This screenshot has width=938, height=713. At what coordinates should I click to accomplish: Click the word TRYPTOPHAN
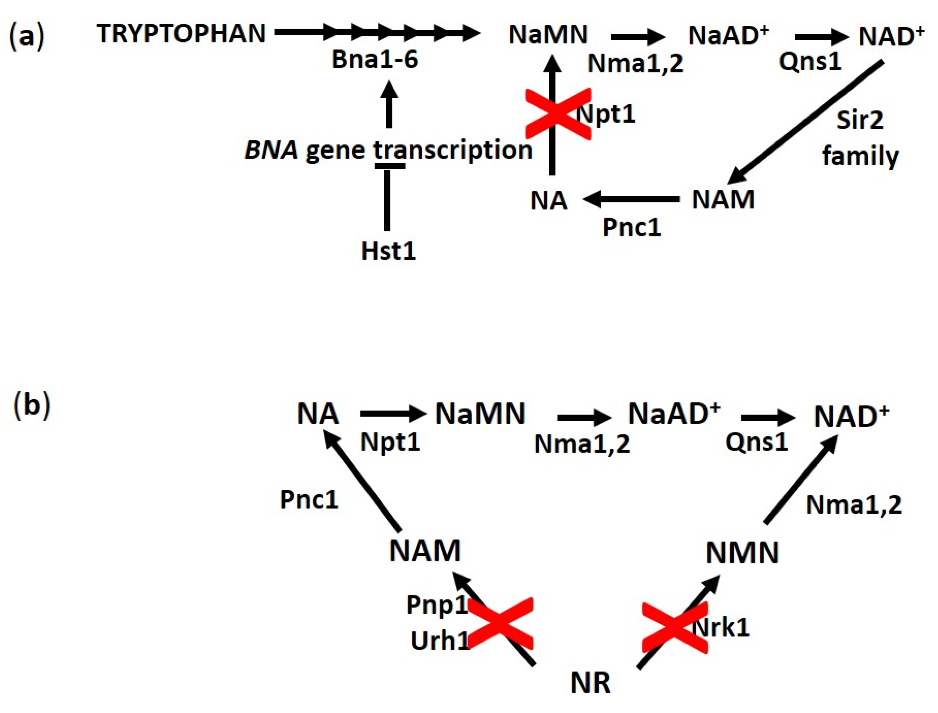181,34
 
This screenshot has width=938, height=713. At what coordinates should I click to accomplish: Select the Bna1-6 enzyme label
375,59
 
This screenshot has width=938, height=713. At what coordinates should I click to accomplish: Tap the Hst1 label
388,251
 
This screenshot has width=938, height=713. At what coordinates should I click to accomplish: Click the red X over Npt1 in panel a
557,114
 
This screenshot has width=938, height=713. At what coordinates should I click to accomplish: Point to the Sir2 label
860,120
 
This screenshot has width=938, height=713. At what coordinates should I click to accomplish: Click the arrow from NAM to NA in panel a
631,199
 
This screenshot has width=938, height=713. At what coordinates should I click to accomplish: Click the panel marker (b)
32,406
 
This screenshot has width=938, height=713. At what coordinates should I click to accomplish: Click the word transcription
453,151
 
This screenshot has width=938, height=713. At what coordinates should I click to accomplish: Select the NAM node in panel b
425,550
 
